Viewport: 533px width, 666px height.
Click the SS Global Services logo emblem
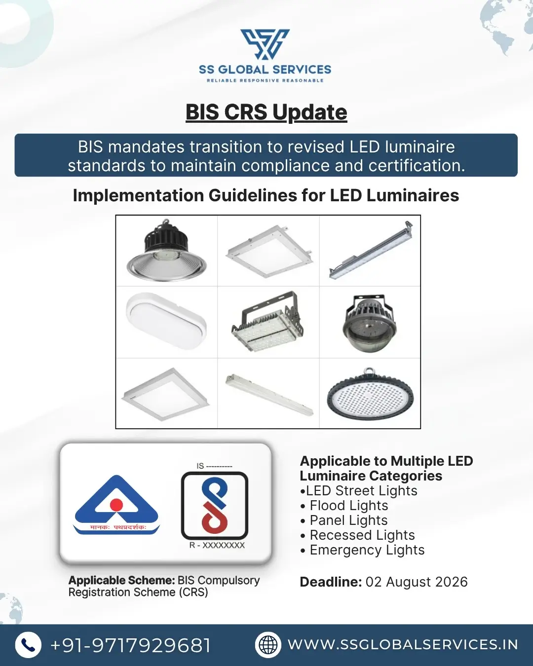[x=265, y=44]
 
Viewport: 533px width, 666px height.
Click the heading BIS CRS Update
[x=266, y=112]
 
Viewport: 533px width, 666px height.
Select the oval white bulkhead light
[x=166, y=321]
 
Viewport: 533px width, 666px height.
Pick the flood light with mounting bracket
[x=268, y=322]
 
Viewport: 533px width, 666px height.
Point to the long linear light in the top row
[x=371, y=250]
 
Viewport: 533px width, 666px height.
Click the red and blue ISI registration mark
[x=215, y=506]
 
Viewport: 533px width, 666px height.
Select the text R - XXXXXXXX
[x=217, y=545]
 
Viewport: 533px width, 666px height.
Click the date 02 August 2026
[x=417, y=582]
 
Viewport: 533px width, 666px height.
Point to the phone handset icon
[x=28, y=645]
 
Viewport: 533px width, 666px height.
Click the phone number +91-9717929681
[x=131, y=645]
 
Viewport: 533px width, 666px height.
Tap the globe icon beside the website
[x=268, y=645]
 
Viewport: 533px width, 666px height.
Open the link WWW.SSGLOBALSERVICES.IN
[x=403, y=645]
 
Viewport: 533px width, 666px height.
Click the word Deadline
[x=331, y=582]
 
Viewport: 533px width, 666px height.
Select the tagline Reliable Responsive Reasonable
[x=265, y=80]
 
